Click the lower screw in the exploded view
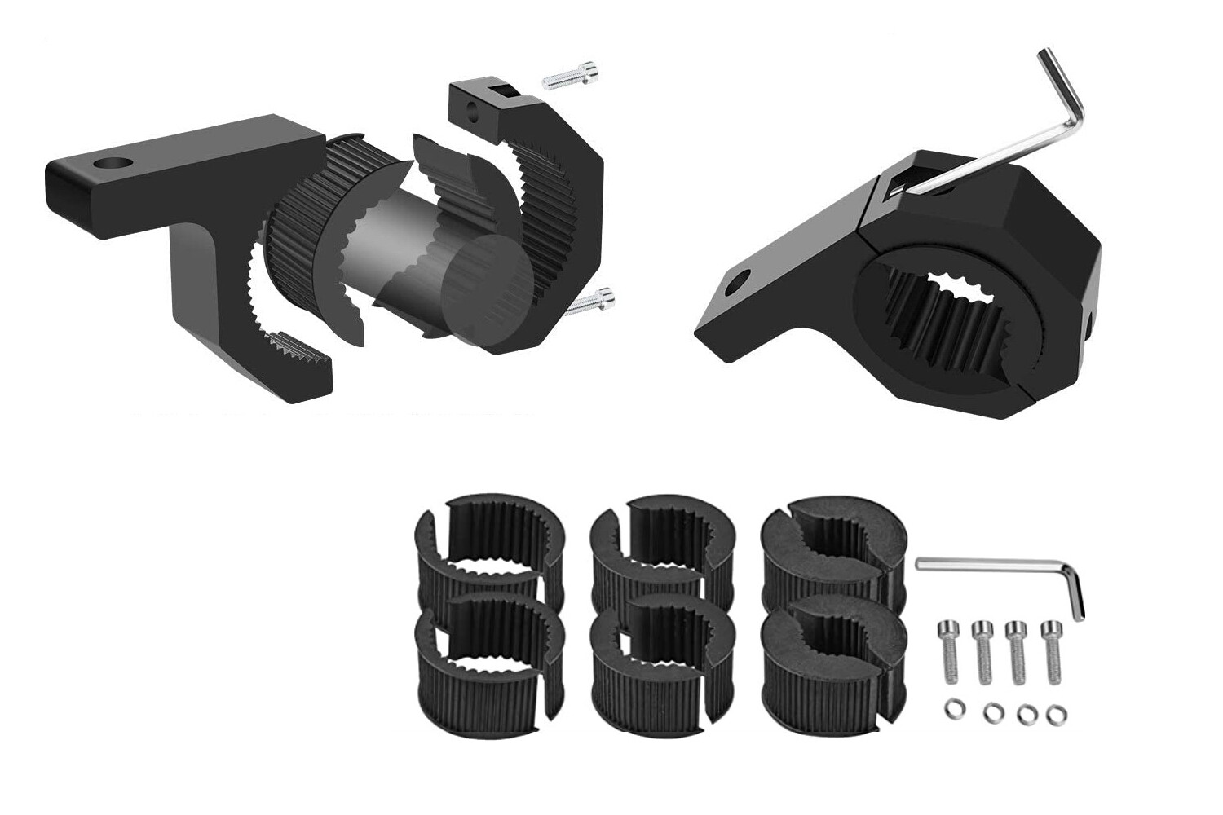coord(590,304)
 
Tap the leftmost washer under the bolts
coord(951,709)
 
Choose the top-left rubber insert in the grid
coord(481,546)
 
